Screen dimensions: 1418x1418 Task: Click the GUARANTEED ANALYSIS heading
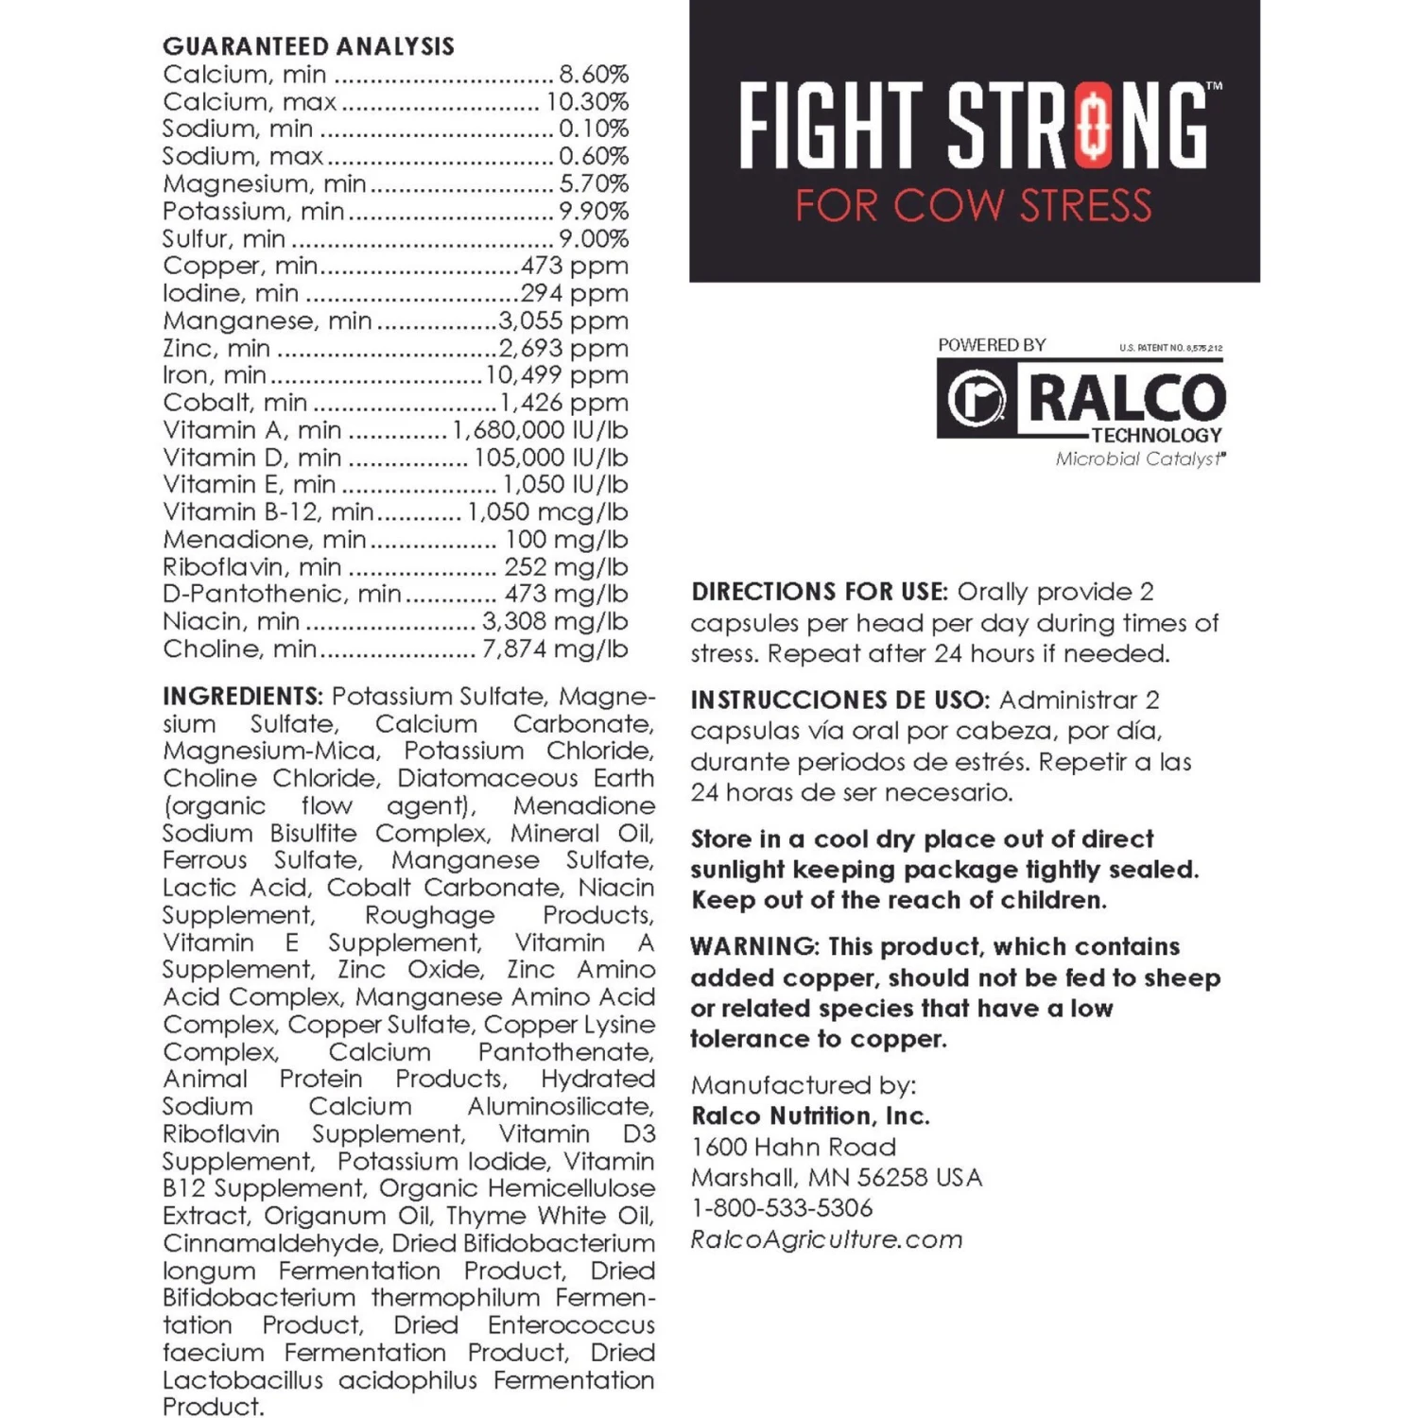308,46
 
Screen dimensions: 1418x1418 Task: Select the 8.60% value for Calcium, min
594,75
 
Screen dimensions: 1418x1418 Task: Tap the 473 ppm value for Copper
574,267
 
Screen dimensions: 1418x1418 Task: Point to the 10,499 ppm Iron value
557,375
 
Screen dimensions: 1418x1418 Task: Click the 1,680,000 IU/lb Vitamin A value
540,430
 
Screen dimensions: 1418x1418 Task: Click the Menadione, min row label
264,540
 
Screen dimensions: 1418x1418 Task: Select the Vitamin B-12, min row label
268,512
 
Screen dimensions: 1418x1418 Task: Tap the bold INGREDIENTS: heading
243,697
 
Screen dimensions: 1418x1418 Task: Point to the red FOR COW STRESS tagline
974,206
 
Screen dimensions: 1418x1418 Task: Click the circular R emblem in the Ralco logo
977,399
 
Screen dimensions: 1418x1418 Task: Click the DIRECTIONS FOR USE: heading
819,593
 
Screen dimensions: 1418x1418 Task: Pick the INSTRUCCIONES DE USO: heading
839,700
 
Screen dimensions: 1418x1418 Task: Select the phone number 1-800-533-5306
782,1208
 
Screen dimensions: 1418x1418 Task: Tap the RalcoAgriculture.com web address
826,1239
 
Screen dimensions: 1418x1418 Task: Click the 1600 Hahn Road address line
793,1148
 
